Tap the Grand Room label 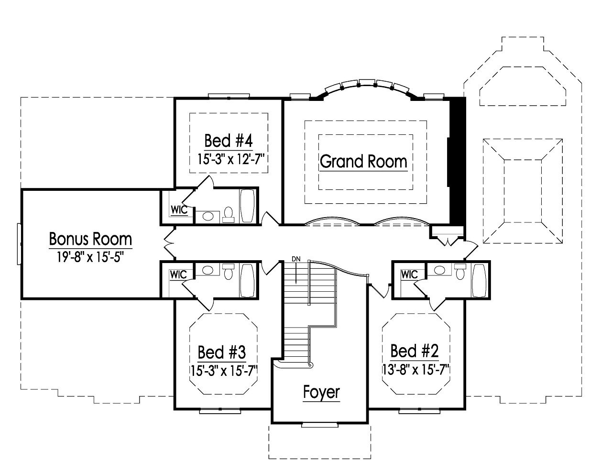363,161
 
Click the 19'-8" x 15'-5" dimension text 90,257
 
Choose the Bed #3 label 221,352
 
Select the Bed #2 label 414,351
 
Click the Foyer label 321,392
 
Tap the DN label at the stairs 296,259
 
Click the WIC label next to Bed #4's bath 176,209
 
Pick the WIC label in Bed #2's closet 409,275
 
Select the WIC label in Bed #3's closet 177,275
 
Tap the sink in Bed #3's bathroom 208,270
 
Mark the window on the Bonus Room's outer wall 19,243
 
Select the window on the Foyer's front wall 319,424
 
